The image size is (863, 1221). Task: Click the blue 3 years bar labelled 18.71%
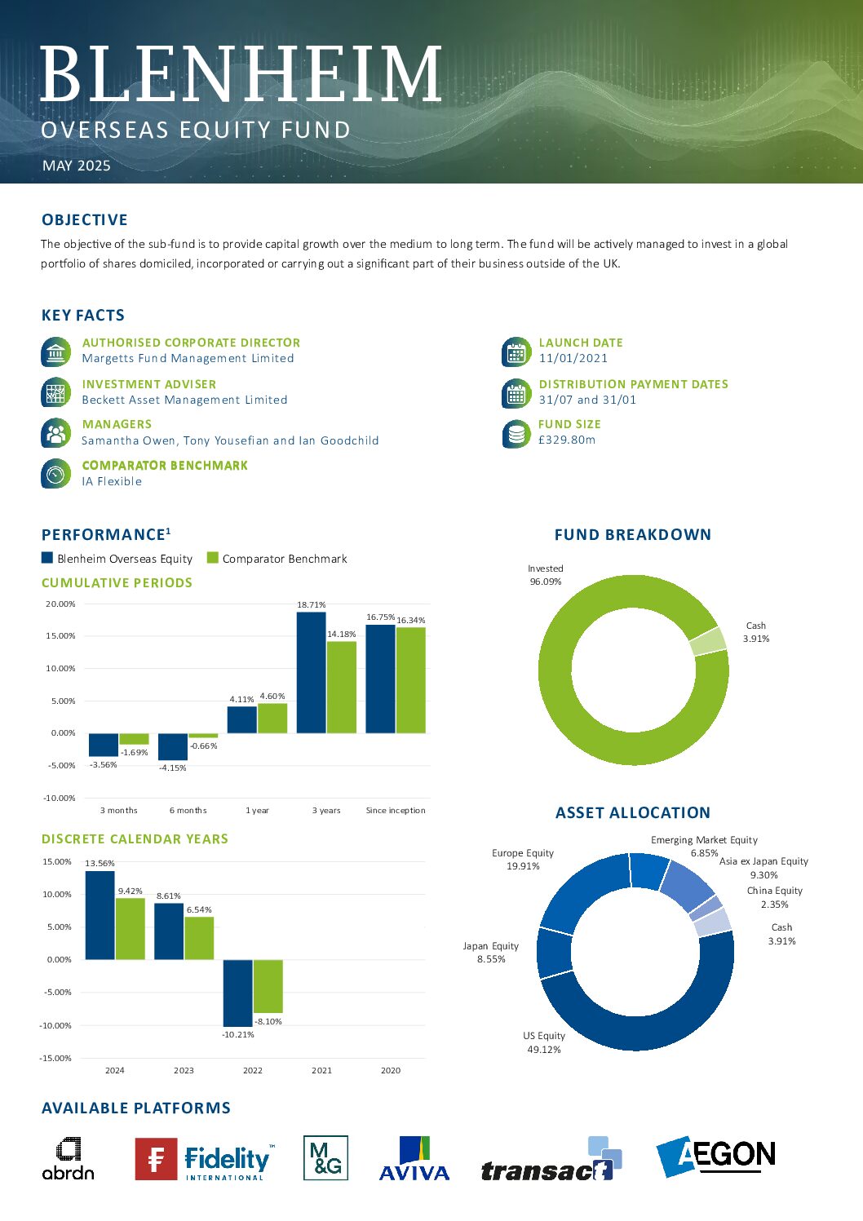312,673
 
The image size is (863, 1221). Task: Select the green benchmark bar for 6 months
203,736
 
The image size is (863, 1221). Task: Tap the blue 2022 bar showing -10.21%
237,993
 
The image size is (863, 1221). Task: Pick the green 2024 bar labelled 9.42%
131,929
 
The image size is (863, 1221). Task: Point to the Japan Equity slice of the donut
555,953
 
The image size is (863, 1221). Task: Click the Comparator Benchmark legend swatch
213,558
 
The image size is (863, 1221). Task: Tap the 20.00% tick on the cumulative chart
60,604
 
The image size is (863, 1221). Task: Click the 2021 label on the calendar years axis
321,1070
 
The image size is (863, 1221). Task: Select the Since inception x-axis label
396,810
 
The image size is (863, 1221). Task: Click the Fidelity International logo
205,1158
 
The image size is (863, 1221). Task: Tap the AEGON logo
716,1156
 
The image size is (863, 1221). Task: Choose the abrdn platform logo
69,1158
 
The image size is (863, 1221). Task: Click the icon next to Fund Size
516,433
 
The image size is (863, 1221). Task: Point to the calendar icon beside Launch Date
516,352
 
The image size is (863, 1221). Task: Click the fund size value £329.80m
566,440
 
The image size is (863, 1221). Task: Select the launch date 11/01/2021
573,358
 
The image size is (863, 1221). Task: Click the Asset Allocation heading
633,812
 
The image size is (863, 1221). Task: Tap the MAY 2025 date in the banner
77,166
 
